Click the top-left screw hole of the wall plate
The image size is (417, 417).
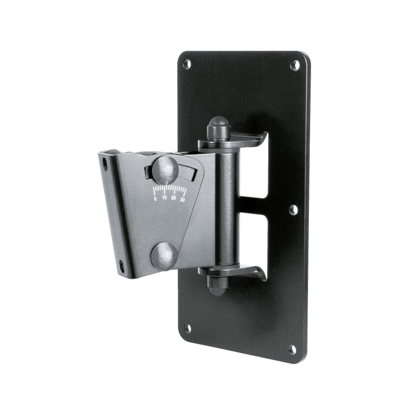point(187,64)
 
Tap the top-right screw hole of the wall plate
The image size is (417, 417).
point(295,65)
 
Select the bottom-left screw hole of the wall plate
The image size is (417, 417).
point(187,328)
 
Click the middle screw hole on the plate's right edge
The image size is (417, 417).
point(293,210)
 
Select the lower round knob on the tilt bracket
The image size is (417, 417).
point(165,256)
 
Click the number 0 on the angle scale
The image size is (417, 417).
point(156,199)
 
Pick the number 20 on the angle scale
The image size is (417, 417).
point(174,198)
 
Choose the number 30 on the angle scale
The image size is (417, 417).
point(183,199)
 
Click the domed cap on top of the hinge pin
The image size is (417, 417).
point(219,127)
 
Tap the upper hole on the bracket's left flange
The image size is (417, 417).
point(105,164)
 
